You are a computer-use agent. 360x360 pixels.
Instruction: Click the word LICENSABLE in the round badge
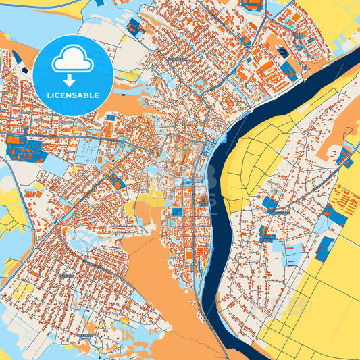coord(73,95)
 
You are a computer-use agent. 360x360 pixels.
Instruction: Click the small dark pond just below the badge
coord(25,70)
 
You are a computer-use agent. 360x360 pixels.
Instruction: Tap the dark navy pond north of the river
coord(283,52)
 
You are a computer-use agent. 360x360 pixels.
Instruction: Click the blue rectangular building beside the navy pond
coord(288,68)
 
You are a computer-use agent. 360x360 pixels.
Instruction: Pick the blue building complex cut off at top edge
coord(253,4)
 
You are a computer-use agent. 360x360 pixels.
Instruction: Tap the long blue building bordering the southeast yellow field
coord(324,248)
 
